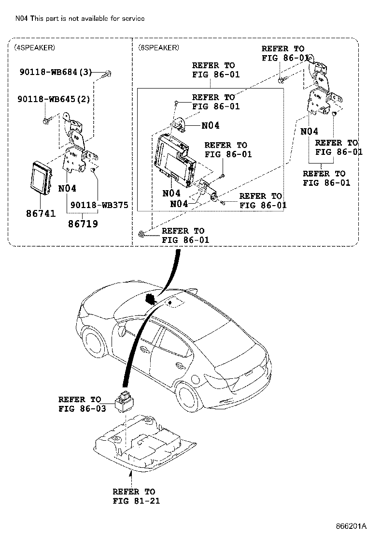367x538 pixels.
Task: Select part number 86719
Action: (x=83, y=224)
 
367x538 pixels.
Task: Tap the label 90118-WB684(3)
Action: (x=56, y=73)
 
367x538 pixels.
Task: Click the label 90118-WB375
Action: (x=99, y=205)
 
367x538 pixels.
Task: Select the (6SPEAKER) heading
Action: (x=158, y=47)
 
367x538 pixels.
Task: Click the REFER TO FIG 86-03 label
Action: (x=80, y=404)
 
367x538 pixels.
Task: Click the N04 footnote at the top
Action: (x=80, y=18)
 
